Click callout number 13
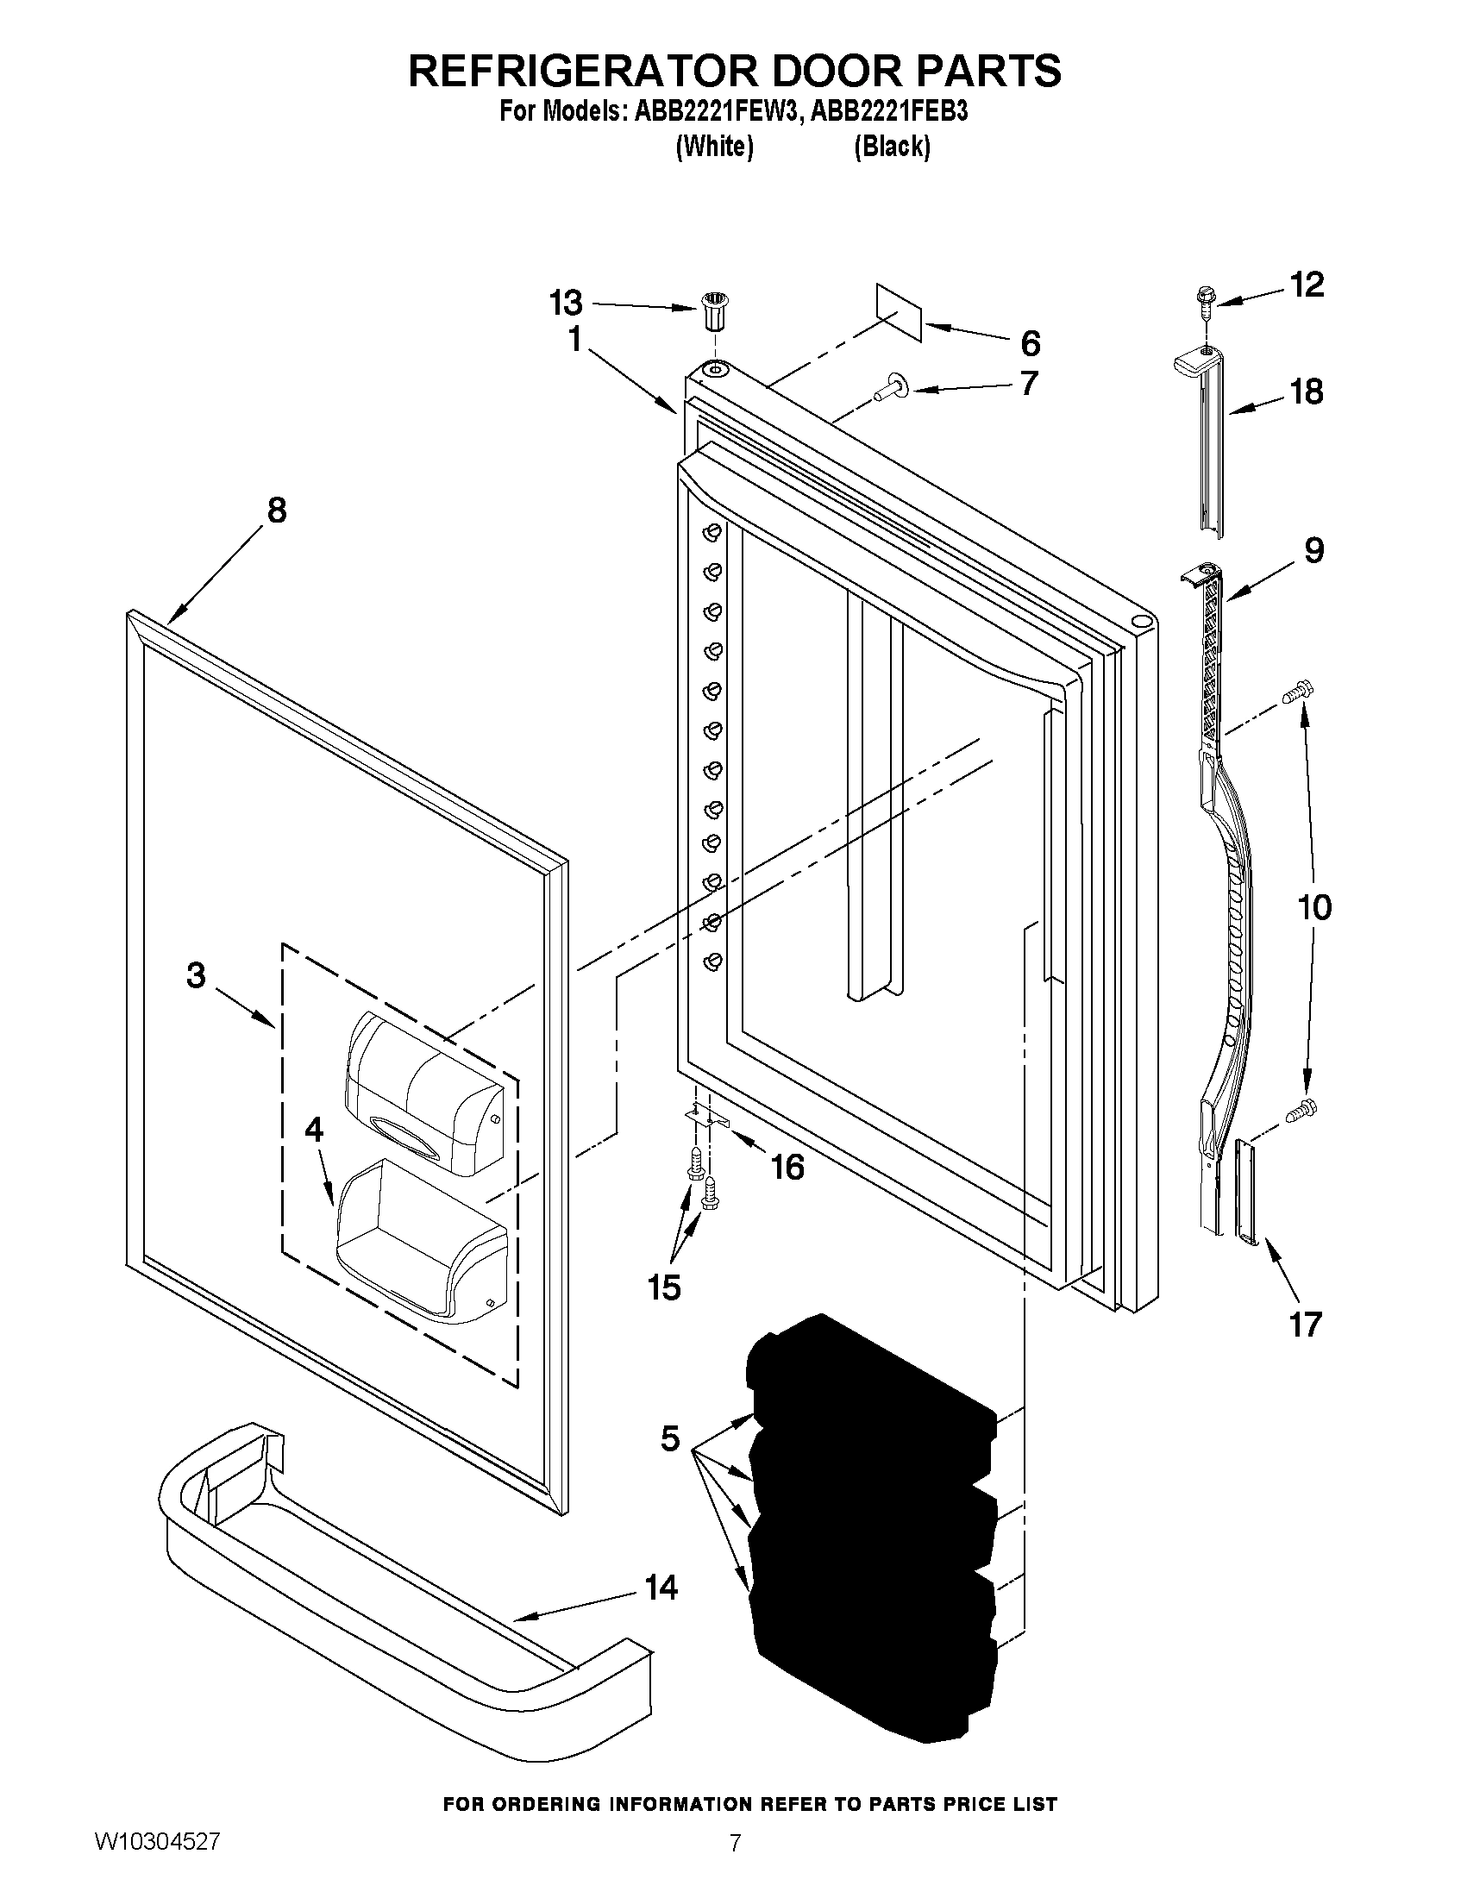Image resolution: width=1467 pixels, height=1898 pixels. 566,304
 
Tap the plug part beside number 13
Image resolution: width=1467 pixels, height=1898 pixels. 712,312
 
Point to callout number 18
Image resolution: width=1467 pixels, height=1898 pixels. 1307,392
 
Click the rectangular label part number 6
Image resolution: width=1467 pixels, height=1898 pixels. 899,310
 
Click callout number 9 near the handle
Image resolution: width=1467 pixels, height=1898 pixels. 1313,549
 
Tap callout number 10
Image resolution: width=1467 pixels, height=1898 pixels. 1314,907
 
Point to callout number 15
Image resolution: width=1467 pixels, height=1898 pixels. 664,1288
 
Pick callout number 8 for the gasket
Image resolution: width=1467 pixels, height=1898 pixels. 276,511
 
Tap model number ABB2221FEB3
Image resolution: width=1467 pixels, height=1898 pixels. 888,112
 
